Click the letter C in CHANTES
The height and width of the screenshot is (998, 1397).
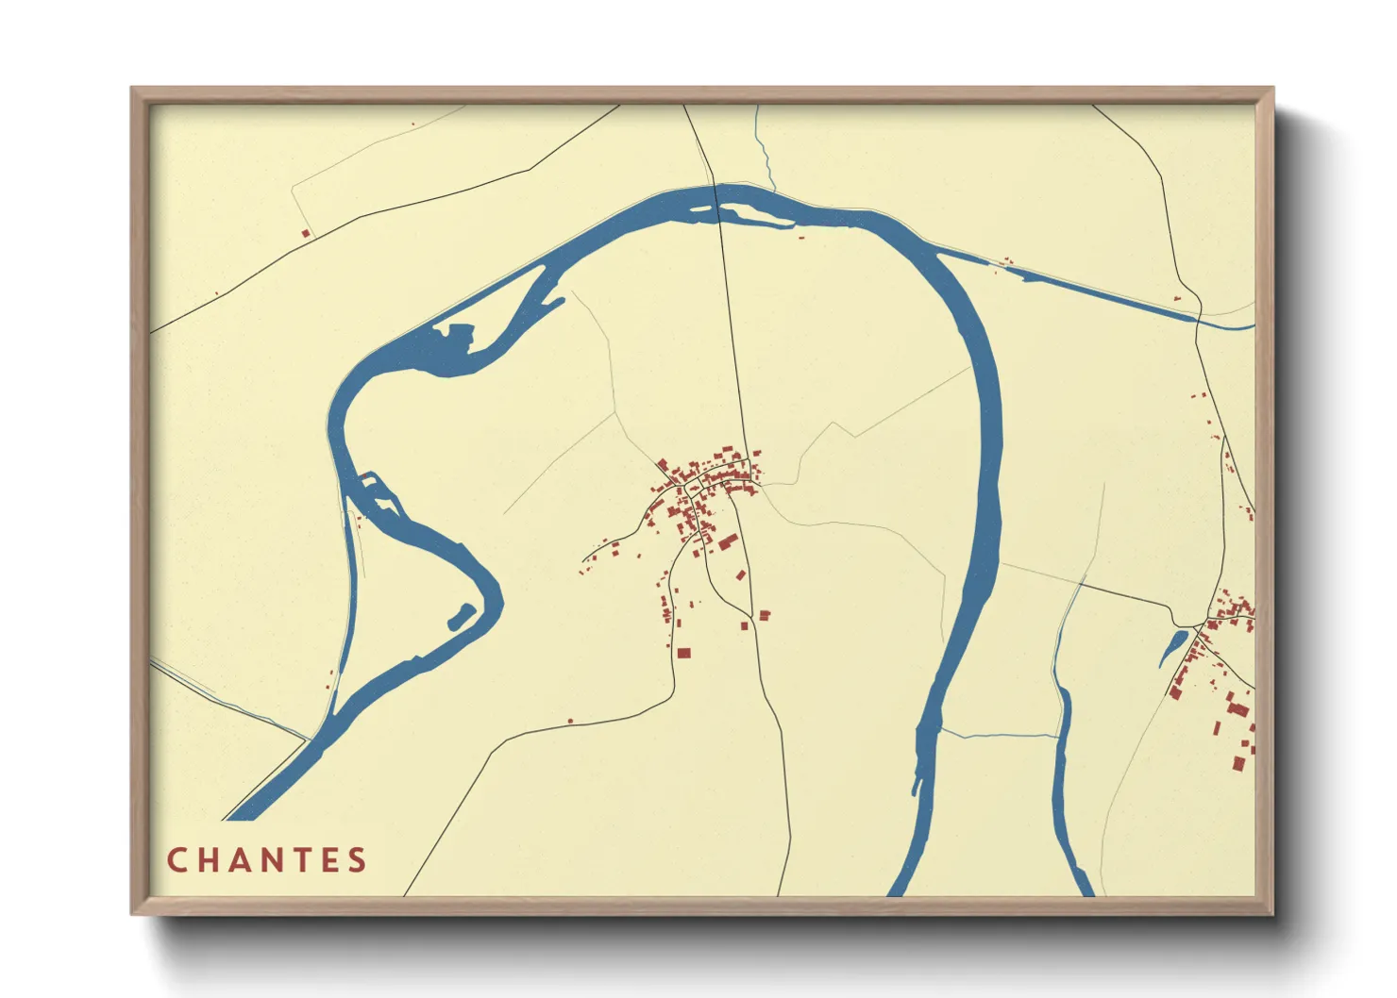(x=177, y=860)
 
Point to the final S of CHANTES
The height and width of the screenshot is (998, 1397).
(x=357, y=860)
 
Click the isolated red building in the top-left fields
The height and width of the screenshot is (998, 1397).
(x=305, y=233)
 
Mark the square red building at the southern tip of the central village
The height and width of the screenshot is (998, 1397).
(x=683, y=652)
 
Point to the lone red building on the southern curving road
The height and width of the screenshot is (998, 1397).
(x=570, y=721)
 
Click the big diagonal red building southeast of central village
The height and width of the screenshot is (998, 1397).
(x=728, y=541)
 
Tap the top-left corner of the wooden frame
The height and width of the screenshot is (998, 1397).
(x=134, y=90)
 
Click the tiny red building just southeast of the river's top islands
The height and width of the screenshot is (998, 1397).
(x=801, y=236)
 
